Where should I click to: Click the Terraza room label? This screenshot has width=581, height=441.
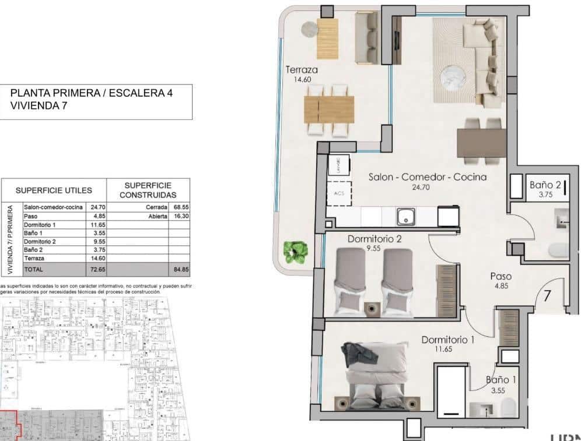(301, 70)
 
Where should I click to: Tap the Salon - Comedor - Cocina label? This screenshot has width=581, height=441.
(428, 177)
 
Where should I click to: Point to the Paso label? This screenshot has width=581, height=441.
(501, 277)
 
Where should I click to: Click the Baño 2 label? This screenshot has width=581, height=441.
(545, 185)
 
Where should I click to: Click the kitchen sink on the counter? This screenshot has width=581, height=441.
(405, 217)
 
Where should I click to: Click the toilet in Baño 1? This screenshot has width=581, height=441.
(509, 406)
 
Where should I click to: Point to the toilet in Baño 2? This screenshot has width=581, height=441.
(557, 250)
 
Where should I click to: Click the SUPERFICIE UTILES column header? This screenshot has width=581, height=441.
(54, 190)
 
